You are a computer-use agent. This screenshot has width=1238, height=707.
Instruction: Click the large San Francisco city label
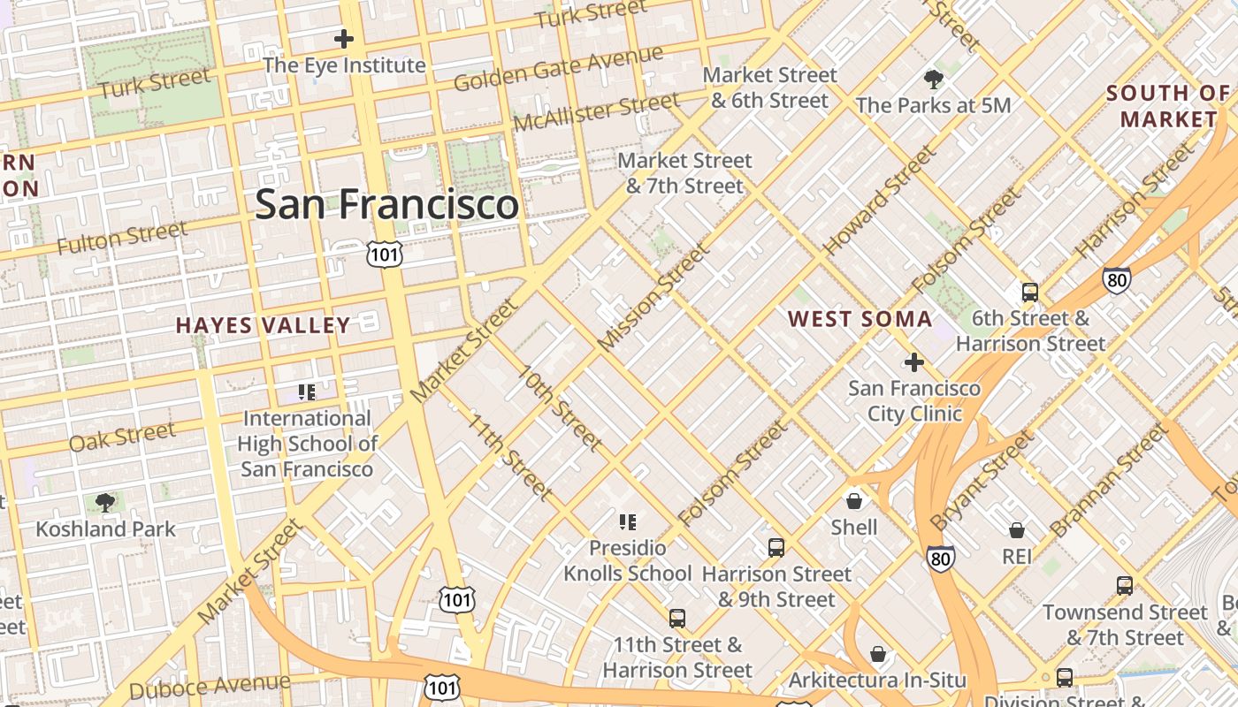[386, 204]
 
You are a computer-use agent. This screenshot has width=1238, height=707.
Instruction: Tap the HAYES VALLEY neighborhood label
[264, 325]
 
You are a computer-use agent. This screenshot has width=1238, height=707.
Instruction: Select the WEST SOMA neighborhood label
[860, 319]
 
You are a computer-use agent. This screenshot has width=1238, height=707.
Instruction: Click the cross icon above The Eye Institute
[344, 39]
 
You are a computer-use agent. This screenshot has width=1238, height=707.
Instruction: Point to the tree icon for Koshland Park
[105, 503]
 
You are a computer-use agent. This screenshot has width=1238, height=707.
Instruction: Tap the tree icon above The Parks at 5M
[933, 80]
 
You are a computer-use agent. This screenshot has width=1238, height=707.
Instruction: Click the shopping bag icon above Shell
[854, 501]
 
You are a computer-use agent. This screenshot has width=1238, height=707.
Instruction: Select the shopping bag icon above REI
[1017, 530]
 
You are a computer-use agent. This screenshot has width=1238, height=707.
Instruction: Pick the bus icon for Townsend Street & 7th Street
[1124, 585]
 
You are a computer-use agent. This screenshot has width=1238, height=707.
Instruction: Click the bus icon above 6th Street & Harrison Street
[1029, 293]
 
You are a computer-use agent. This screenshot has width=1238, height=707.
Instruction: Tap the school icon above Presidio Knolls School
[628, 522]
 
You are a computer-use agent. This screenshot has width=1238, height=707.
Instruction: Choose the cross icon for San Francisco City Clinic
[914, 362]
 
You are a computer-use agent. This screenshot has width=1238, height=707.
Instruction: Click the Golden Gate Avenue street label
[558, 68]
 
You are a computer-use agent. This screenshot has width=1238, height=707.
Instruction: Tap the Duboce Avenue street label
[210, 686]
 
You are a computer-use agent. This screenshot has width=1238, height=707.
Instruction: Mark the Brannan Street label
[1109, 481]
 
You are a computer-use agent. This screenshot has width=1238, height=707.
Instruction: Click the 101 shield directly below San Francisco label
[385, 255]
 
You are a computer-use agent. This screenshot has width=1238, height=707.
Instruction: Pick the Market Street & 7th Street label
[684, 173]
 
